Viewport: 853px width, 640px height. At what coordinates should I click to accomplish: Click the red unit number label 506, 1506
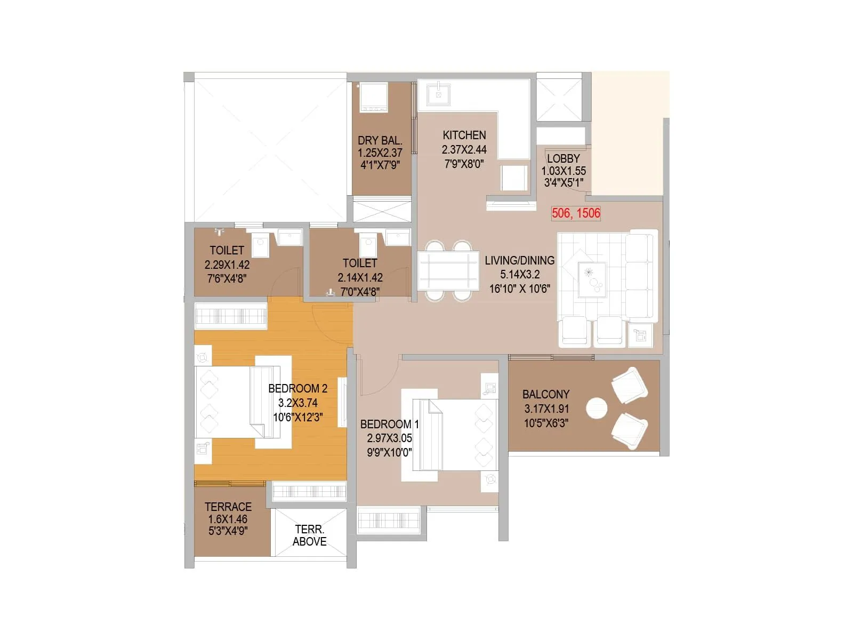[x=576, y=213]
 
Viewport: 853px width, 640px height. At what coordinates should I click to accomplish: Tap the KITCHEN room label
[x=464, y=135]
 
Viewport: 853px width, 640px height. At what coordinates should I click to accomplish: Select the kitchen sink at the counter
[x=439, y=94]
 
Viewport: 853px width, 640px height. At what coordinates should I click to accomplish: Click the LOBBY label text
[x=563, y=159]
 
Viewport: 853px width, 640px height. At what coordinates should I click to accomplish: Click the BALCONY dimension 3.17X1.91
[x=546, y=409]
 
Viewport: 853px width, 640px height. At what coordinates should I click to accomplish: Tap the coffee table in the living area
[x=592, y=279]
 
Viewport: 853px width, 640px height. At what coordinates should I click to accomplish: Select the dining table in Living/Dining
[x=448, y=270]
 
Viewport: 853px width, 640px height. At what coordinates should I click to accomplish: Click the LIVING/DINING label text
[x=519, y=261]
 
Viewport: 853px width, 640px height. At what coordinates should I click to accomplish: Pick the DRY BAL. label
[x=380, y=141]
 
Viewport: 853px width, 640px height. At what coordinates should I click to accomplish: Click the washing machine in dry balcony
[x=373, y=97]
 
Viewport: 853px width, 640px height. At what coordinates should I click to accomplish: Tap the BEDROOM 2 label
[x=297, y=389]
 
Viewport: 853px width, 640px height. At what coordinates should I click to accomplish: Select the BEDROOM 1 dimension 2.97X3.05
[x=389, y=438]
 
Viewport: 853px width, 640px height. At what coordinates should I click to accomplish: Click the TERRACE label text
[x=228, y=507]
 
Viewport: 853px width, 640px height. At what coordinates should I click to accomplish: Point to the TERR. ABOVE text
[x=309, y=535]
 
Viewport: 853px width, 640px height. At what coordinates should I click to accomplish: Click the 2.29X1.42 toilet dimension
[x=227, y=265]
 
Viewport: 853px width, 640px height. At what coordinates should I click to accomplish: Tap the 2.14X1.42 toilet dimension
[x=360, y=278]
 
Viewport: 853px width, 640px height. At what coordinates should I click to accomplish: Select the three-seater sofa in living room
[x=641, y=275]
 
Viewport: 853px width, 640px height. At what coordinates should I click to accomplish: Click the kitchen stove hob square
[x=513, y=178]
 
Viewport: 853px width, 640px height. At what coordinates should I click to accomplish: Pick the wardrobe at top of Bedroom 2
[x=230, y=316]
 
